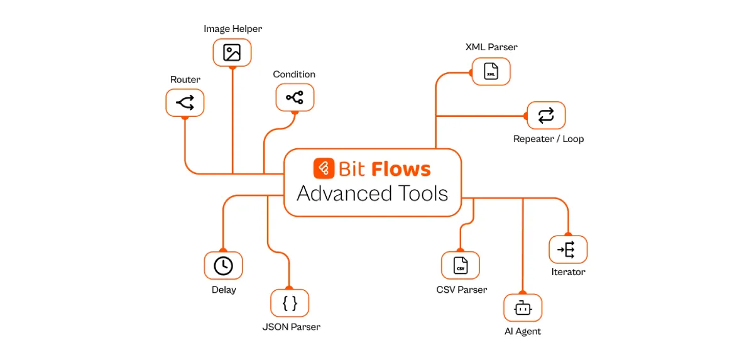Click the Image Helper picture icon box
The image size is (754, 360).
pyautogui.click(x=232, y=53)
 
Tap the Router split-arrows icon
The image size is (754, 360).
pyautogui.click(x=185, y=102)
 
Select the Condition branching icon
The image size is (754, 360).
pyautogui.click(x=295, y=97)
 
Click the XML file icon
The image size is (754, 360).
pyautogui.click(x=491, y=72)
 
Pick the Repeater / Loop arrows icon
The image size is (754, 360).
pyautogui.click(x=546, y=116)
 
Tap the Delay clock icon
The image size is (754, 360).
pyautogui.click(x=223, y=266)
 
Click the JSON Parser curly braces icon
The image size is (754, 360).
pyautogui.click(x=290, y=303)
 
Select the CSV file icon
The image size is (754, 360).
pyautogui.click(x=461, y=266)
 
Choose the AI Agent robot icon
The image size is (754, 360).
pyautogui.click(x=523, y=308)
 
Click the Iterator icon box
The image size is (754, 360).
pyautogui.click(x=568, y=249)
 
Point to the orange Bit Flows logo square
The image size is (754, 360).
pyautogui.click(x=324, y=168)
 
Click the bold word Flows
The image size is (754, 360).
pyautogui.click(x=401, y=169)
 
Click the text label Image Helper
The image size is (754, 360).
pyautogui.click(x=232, y=29)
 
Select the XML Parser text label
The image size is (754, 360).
pyautogui.click(x=491, y=47)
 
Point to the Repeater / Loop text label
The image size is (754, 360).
pyautogui.click(x=549, y=139)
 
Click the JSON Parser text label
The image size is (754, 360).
pyautogui.click(x=291, y=327)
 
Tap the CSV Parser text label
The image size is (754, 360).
pyautogui.click(x=461, y=290)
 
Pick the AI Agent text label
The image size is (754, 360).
pyautogui.click(x=523, y=331)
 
